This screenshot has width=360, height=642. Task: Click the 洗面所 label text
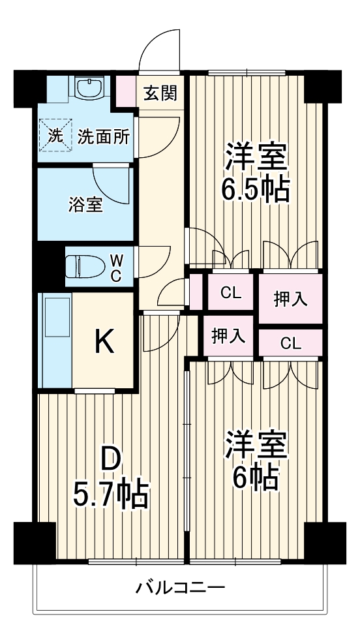pos(104,136)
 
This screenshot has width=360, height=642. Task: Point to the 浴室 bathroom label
pos(85,205)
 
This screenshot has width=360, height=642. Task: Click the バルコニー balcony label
pos(180,587)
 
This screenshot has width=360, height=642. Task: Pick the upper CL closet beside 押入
pos(230,293)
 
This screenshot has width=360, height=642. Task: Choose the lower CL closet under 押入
pos(291,343)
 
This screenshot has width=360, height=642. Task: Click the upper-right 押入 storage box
pos(290,299)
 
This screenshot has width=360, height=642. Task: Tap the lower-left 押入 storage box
pos(228,337)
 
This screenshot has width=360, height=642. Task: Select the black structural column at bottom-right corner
pos(325,542)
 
